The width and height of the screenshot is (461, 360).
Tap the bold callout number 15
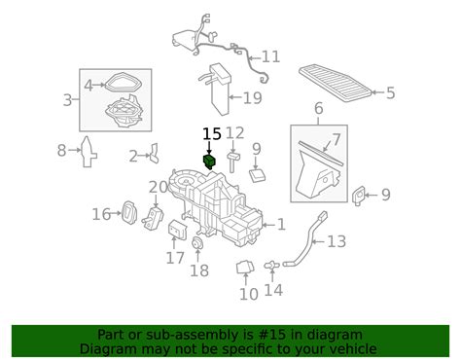(x=211, y=134)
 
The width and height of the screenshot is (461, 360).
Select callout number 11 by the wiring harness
(x=269, y=56)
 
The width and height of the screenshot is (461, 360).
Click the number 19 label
(x=252, y=97)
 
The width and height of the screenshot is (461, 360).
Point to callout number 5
(x=390, y=93)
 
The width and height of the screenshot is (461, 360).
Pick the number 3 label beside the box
(x=68, y=100)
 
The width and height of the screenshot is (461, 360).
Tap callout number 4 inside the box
(x=89, y=85)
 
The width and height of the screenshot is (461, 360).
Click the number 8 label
(x=61, y=150)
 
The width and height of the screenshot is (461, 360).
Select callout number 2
(x=133, y=156)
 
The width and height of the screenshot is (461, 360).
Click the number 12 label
(x=235, y=133)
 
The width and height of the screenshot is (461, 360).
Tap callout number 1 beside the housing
(x=280, y=225)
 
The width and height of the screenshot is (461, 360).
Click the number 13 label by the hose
(x=336, y=240)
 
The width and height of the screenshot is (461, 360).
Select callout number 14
(x=274, y=289)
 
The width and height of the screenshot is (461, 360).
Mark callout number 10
(x=249, y=293)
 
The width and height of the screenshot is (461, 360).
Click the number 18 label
(x=198, y=270)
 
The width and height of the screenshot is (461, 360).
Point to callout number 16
(x=101, y=214)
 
